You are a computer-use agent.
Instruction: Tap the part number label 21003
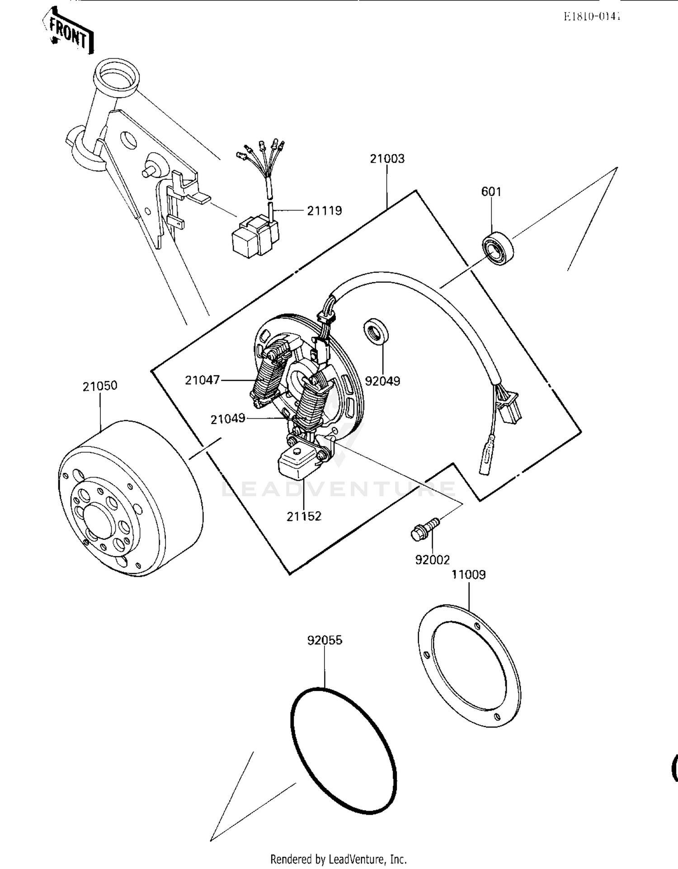(387, 159)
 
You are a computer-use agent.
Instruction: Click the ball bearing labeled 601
(498, 248)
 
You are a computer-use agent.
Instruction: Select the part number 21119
(325, 210)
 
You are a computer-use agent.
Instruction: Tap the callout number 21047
(202, 380)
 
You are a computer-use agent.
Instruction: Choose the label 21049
(228, 419)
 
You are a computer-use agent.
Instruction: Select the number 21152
(304, 516)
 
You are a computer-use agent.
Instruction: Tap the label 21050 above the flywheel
(100, 386)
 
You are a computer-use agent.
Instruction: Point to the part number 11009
(469, 575)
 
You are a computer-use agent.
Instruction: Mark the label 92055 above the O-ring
(325, 640)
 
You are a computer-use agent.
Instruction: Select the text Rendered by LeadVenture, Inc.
(339, 859)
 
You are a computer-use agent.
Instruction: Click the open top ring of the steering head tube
(117, 77)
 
